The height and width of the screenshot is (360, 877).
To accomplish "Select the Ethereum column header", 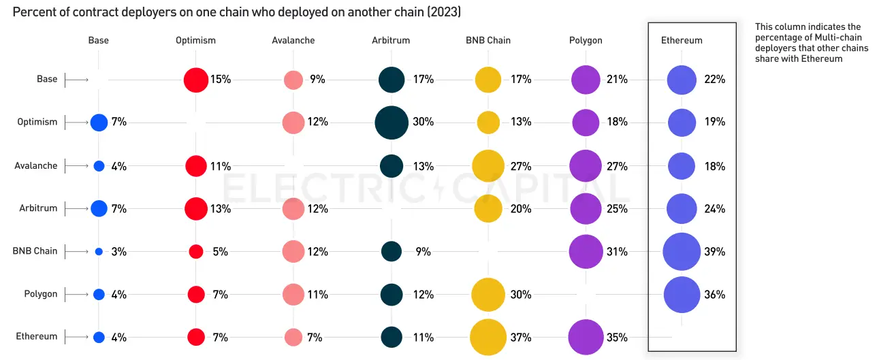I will coord(682,40).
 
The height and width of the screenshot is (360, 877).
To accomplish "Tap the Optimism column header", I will coord(195,40).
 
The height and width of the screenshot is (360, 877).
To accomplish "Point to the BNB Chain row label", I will coord(35,250).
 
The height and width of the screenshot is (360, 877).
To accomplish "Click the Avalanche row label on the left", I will coord(36,165).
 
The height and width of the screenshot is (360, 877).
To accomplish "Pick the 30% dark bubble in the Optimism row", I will coord(392,122).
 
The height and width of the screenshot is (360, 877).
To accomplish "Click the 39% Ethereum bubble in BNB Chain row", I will coord(682,252).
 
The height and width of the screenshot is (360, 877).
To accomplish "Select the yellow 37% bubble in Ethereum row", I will coord(488,338).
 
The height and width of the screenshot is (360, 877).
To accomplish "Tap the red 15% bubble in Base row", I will coord(195,80).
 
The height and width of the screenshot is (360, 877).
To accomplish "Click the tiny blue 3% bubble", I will coord(99,252).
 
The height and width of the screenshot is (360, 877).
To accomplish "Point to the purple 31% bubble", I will coord(586,252).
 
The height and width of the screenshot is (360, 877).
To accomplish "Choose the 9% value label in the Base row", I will coord(317,80).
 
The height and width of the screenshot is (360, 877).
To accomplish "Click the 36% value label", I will coord(715,295).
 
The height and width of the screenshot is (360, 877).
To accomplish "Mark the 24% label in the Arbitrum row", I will coord(715,209).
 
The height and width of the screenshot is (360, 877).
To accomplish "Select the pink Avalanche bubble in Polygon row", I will coord(293,295).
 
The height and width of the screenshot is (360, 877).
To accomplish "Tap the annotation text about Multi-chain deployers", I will coord(812,43).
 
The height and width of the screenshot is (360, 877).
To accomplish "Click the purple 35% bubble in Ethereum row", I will coord(586,338).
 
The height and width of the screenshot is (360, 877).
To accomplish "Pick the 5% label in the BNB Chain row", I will coord(220,252).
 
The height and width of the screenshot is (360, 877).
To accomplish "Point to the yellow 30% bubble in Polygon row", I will coord(488,295).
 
